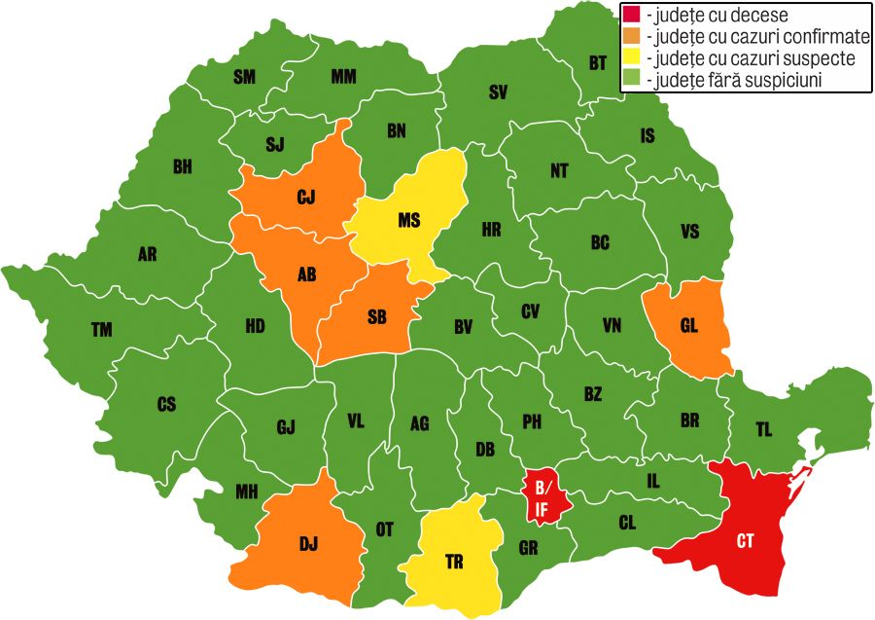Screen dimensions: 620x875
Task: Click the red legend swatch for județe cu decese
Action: pyautogui.click(x=632, y=15)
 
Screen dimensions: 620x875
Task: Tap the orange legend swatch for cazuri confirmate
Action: pyautogui.click(x=632, y=36)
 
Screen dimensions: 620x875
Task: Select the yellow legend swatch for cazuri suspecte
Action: pyautogui.click(x=632, y=58)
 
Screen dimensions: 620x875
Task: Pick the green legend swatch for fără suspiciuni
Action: pyautogui.click(x=632, y=80)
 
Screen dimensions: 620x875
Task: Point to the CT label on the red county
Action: pyautogui.click(x=745, y=539)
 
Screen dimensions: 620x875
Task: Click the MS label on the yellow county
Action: pyautogui.click(x=409, y=220)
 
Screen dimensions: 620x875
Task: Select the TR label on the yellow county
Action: pyautogui.click(x=454, y=563)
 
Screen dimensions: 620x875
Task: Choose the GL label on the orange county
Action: pyautogui.click(x=688, y=327)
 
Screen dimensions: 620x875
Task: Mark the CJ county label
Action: pyautogui.click(x=307, y=199)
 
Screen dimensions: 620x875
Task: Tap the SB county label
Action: pyautogui.click(x=377, y=316)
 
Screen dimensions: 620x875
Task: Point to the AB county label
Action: pyautogui.click(x=306, y=275)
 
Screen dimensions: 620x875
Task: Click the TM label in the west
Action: pyautogui.click(x=101, y=330)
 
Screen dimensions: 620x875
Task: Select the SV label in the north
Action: pyautogui.click(x=498, y=93)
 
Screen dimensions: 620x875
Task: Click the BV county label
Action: pyautogui.click(x=463, y=328)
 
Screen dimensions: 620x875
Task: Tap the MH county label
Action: pyautogui.click(x=246, y=492)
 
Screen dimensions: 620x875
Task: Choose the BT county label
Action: pyautogui.click(x=597, y=63)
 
